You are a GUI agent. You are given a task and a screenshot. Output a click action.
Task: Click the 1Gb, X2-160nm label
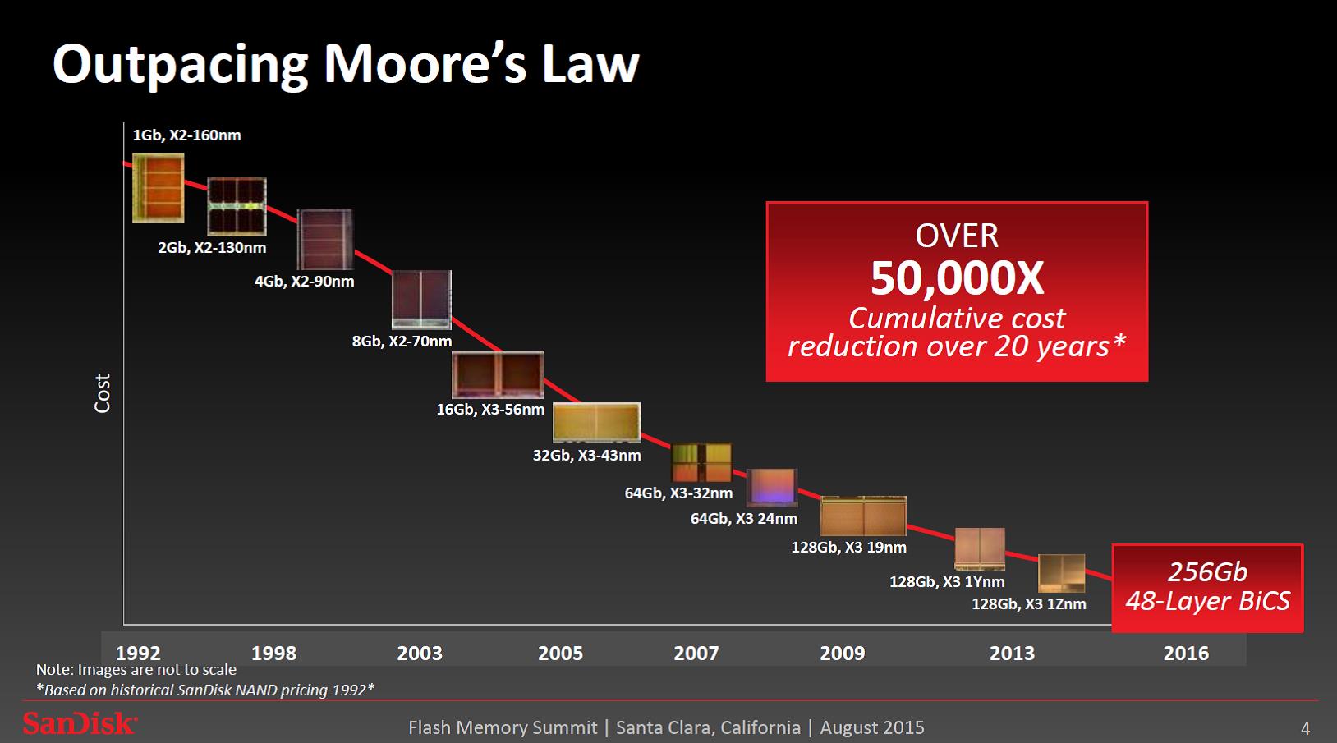click(186, 135)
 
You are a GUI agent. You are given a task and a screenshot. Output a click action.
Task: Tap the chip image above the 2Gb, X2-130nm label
click(237, 206)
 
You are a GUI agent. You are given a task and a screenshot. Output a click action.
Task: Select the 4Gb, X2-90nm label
click(304, 281)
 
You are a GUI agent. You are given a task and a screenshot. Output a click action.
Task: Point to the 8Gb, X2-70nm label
click(402, 341)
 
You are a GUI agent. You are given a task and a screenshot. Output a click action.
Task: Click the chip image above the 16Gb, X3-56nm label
click(498, 375)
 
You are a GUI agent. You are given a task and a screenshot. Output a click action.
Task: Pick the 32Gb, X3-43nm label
click(586, 455)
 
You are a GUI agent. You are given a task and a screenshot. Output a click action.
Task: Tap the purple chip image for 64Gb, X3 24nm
click(771, 487)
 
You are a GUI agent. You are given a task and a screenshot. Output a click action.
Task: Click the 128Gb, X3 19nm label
click(848, 547)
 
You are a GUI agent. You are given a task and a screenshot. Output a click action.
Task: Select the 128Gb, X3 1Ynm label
click(947, 581)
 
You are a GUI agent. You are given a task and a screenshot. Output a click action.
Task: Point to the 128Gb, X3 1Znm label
click(1028, 603)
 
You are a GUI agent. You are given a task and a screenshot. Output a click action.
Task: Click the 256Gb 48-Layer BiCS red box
click(1207, 587)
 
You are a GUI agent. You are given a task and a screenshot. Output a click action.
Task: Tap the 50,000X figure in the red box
click(957, 278)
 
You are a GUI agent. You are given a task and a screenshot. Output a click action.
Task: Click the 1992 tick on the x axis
click(138, 653)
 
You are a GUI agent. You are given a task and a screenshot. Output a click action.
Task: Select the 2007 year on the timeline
click(696, 653)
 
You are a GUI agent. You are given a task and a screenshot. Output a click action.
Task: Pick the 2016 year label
click(1186, 653)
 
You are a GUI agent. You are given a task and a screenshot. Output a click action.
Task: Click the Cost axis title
click(103, 392)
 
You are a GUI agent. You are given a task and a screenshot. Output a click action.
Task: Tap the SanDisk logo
click(79, 723)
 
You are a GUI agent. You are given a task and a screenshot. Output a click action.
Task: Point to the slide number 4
click(1305, 728)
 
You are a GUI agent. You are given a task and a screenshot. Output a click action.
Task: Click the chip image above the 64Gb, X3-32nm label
click(701, 463)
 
